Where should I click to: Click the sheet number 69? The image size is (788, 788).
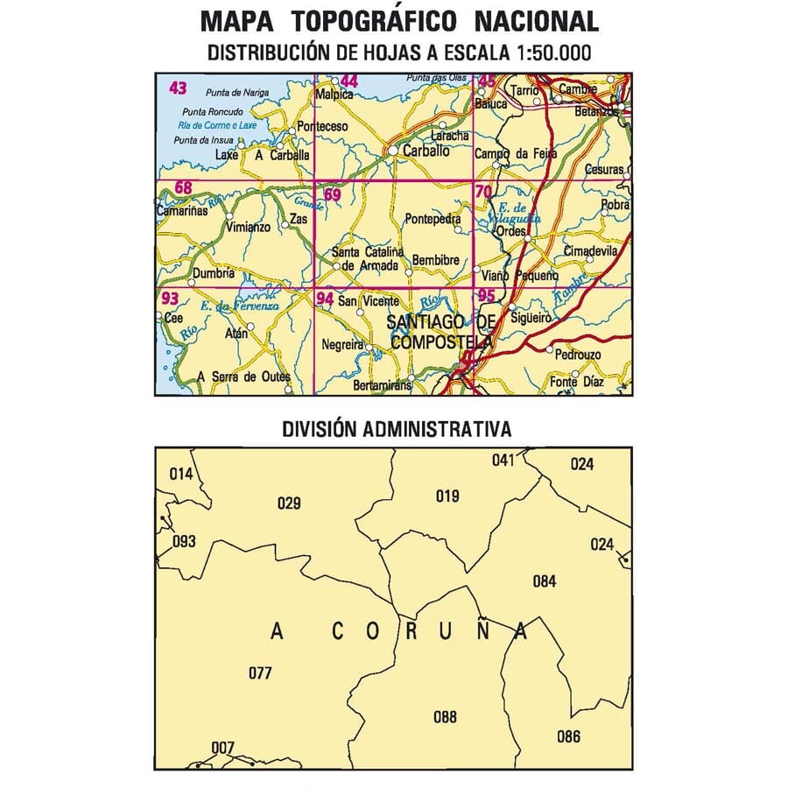tap(332, 194)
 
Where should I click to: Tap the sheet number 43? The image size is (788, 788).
tap(178, 88)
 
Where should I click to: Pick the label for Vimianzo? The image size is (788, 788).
tap(248, 227)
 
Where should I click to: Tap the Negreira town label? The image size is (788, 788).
tap(342, 344)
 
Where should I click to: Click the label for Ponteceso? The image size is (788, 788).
tap(323, 127)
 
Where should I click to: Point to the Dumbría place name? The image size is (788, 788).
tap(214, 272)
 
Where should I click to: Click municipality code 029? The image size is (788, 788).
tap(289, 503)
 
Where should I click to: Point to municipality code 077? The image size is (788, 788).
tap(260, 673)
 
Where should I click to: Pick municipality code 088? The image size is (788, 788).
tap(445, 718)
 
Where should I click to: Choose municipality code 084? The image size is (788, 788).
tap(545, 580)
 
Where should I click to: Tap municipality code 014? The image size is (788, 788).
tap(180, 475)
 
